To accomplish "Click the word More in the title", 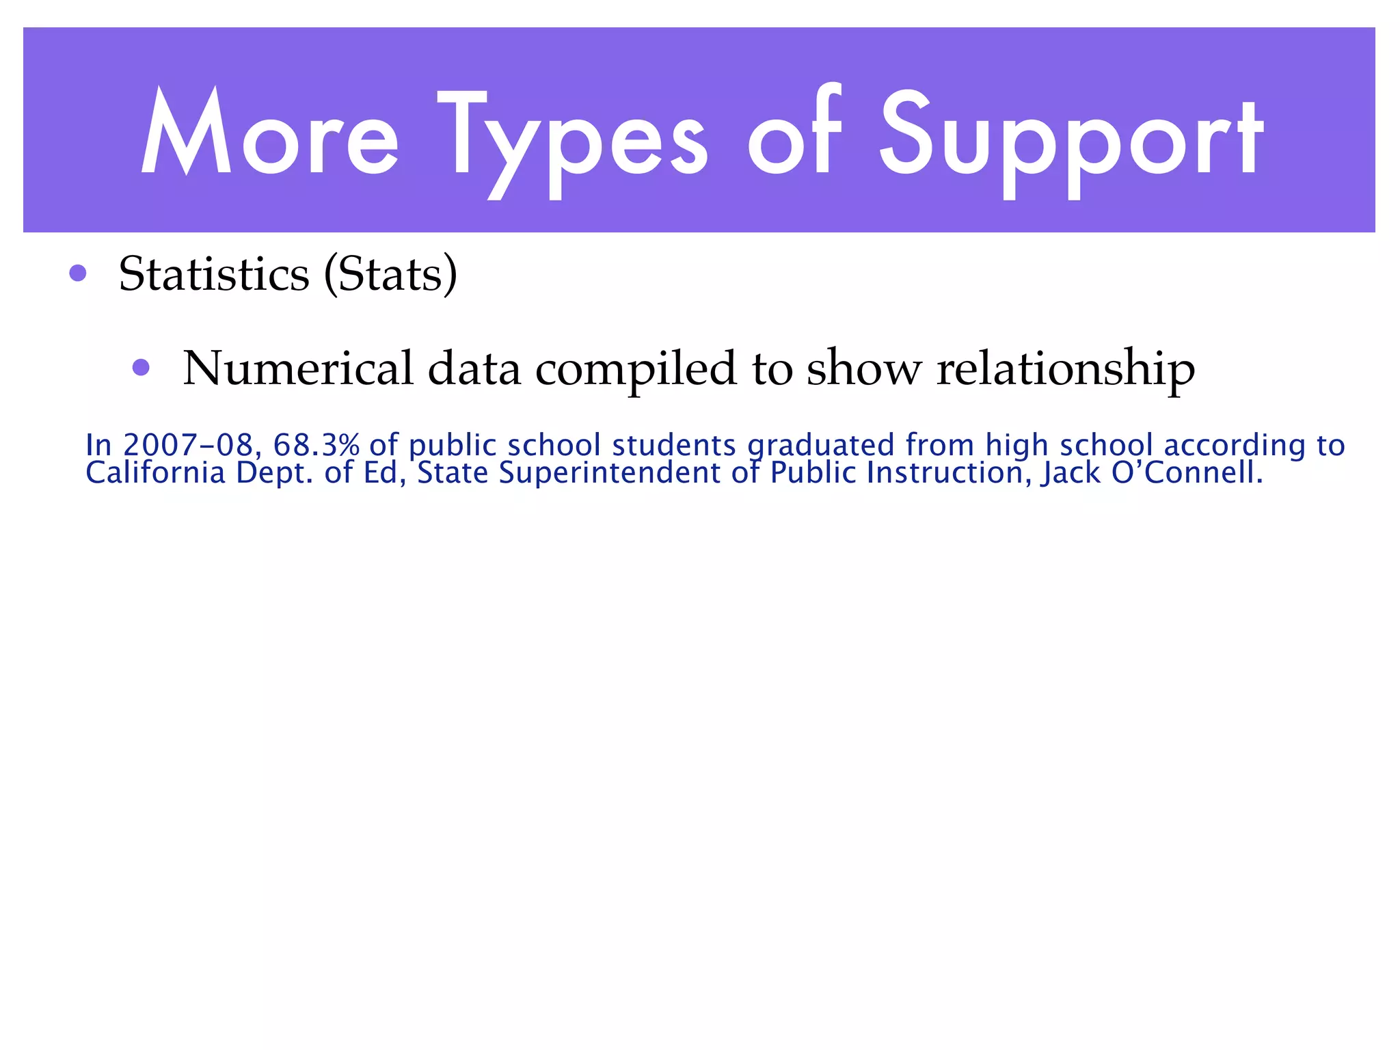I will tap(269, 133).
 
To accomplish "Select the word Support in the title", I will tap(1071, 140).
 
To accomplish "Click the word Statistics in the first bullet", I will tap(214, 275).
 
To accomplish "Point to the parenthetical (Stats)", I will tap(390, 275).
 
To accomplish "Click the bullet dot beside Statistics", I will tap(78, 273).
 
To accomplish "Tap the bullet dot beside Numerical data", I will tap(141, 368).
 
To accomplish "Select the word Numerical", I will tap(298, 369).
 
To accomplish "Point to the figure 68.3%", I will tap(317, 445).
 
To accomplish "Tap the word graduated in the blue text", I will tap(820, 446).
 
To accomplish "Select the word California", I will tap(155, 473).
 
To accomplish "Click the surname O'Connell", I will tap(1187, 473).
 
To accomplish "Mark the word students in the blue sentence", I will tap(673, 445).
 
